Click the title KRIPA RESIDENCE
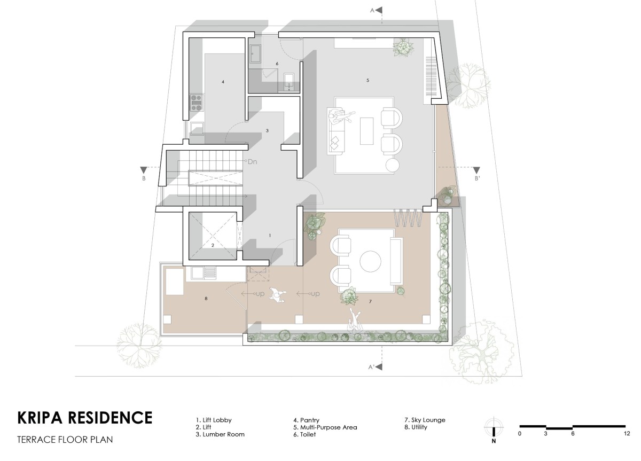tap(85, 418)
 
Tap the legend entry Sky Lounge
tap(425, 420)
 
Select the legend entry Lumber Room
tap(220, 434)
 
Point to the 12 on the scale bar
tap(627, 434)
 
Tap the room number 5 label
tap(368, 81)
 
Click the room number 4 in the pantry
tap(223, 82)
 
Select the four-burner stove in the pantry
tap(197, 103)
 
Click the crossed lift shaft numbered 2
tap(213, 236)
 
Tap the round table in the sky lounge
tap(370, 261)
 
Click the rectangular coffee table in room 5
tap(366, 131)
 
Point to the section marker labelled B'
tap(476, 174)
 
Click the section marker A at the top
tap(377, 10)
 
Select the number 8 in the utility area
tap(206, 299)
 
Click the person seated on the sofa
tap(341, 117)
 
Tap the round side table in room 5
tap(392, 166)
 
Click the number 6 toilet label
tap(277, 64)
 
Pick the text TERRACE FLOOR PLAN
tap(65, 440)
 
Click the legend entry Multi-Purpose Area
tap(325, 427)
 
